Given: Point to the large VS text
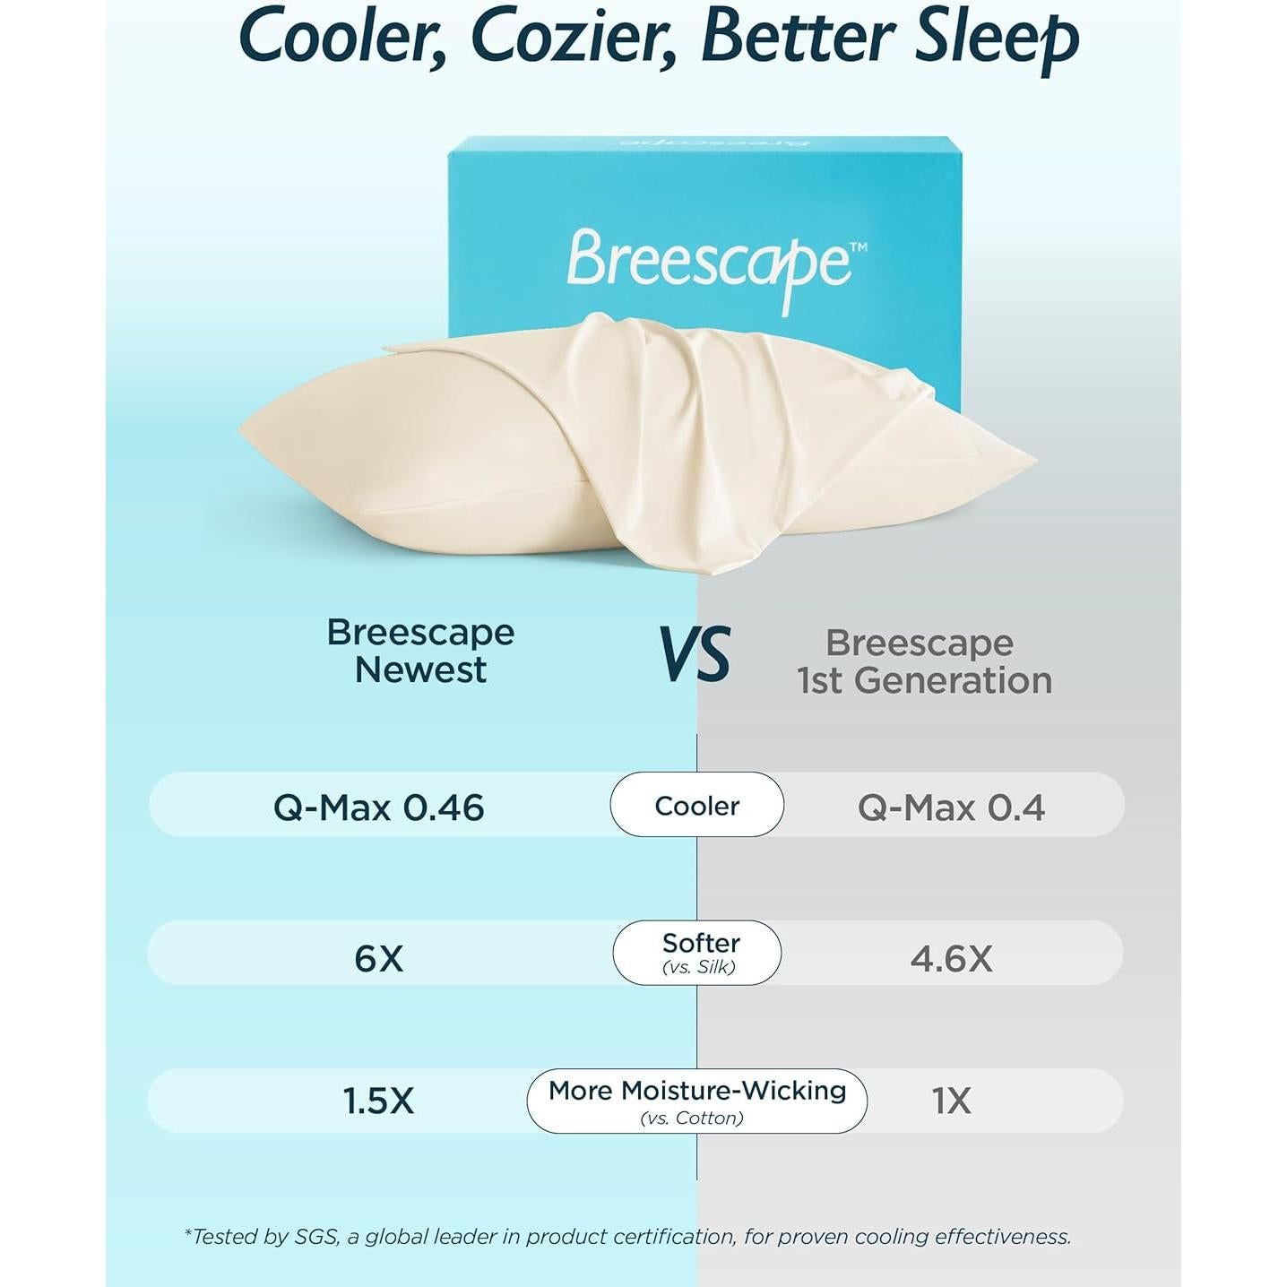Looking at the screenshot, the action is pos(695,653).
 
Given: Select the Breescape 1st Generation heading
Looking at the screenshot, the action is pos(924,661).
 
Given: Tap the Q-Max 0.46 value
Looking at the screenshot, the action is pos(379,808).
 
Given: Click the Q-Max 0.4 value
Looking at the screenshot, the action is pos(951,808).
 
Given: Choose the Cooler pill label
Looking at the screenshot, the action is pos(696,806).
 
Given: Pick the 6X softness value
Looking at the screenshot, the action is pos(379,959).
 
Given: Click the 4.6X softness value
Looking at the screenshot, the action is pos(951,959).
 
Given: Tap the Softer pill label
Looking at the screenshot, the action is pos(701,942).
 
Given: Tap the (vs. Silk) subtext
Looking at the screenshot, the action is pos(698,966).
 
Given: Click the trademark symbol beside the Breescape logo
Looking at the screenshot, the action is pos(859,246).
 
